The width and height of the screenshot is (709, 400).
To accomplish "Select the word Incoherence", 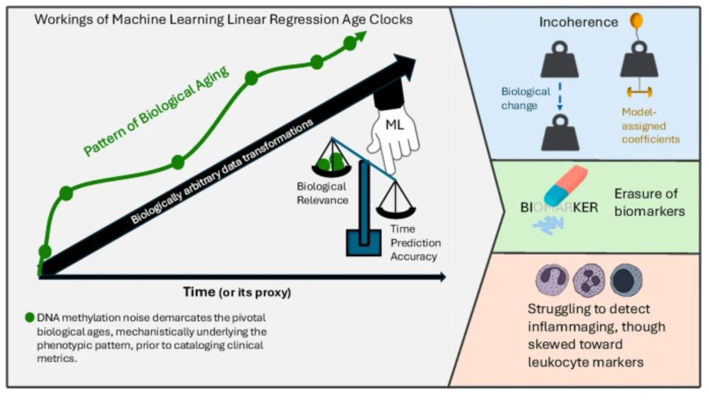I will [x=578, y=22].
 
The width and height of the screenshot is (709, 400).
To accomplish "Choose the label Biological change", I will [x=526, y=99].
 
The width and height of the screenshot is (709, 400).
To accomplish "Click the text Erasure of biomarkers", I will [x=649, y=202].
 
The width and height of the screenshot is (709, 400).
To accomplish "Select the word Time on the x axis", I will [x=199, y=290].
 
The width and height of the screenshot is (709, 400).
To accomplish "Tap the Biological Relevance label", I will [x=322, y=193].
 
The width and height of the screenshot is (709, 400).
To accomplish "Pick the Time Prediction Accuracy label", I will [x=413, y=242].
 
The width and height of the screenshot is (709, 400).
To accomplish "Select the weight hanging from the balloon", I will [x=639, y=61].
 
